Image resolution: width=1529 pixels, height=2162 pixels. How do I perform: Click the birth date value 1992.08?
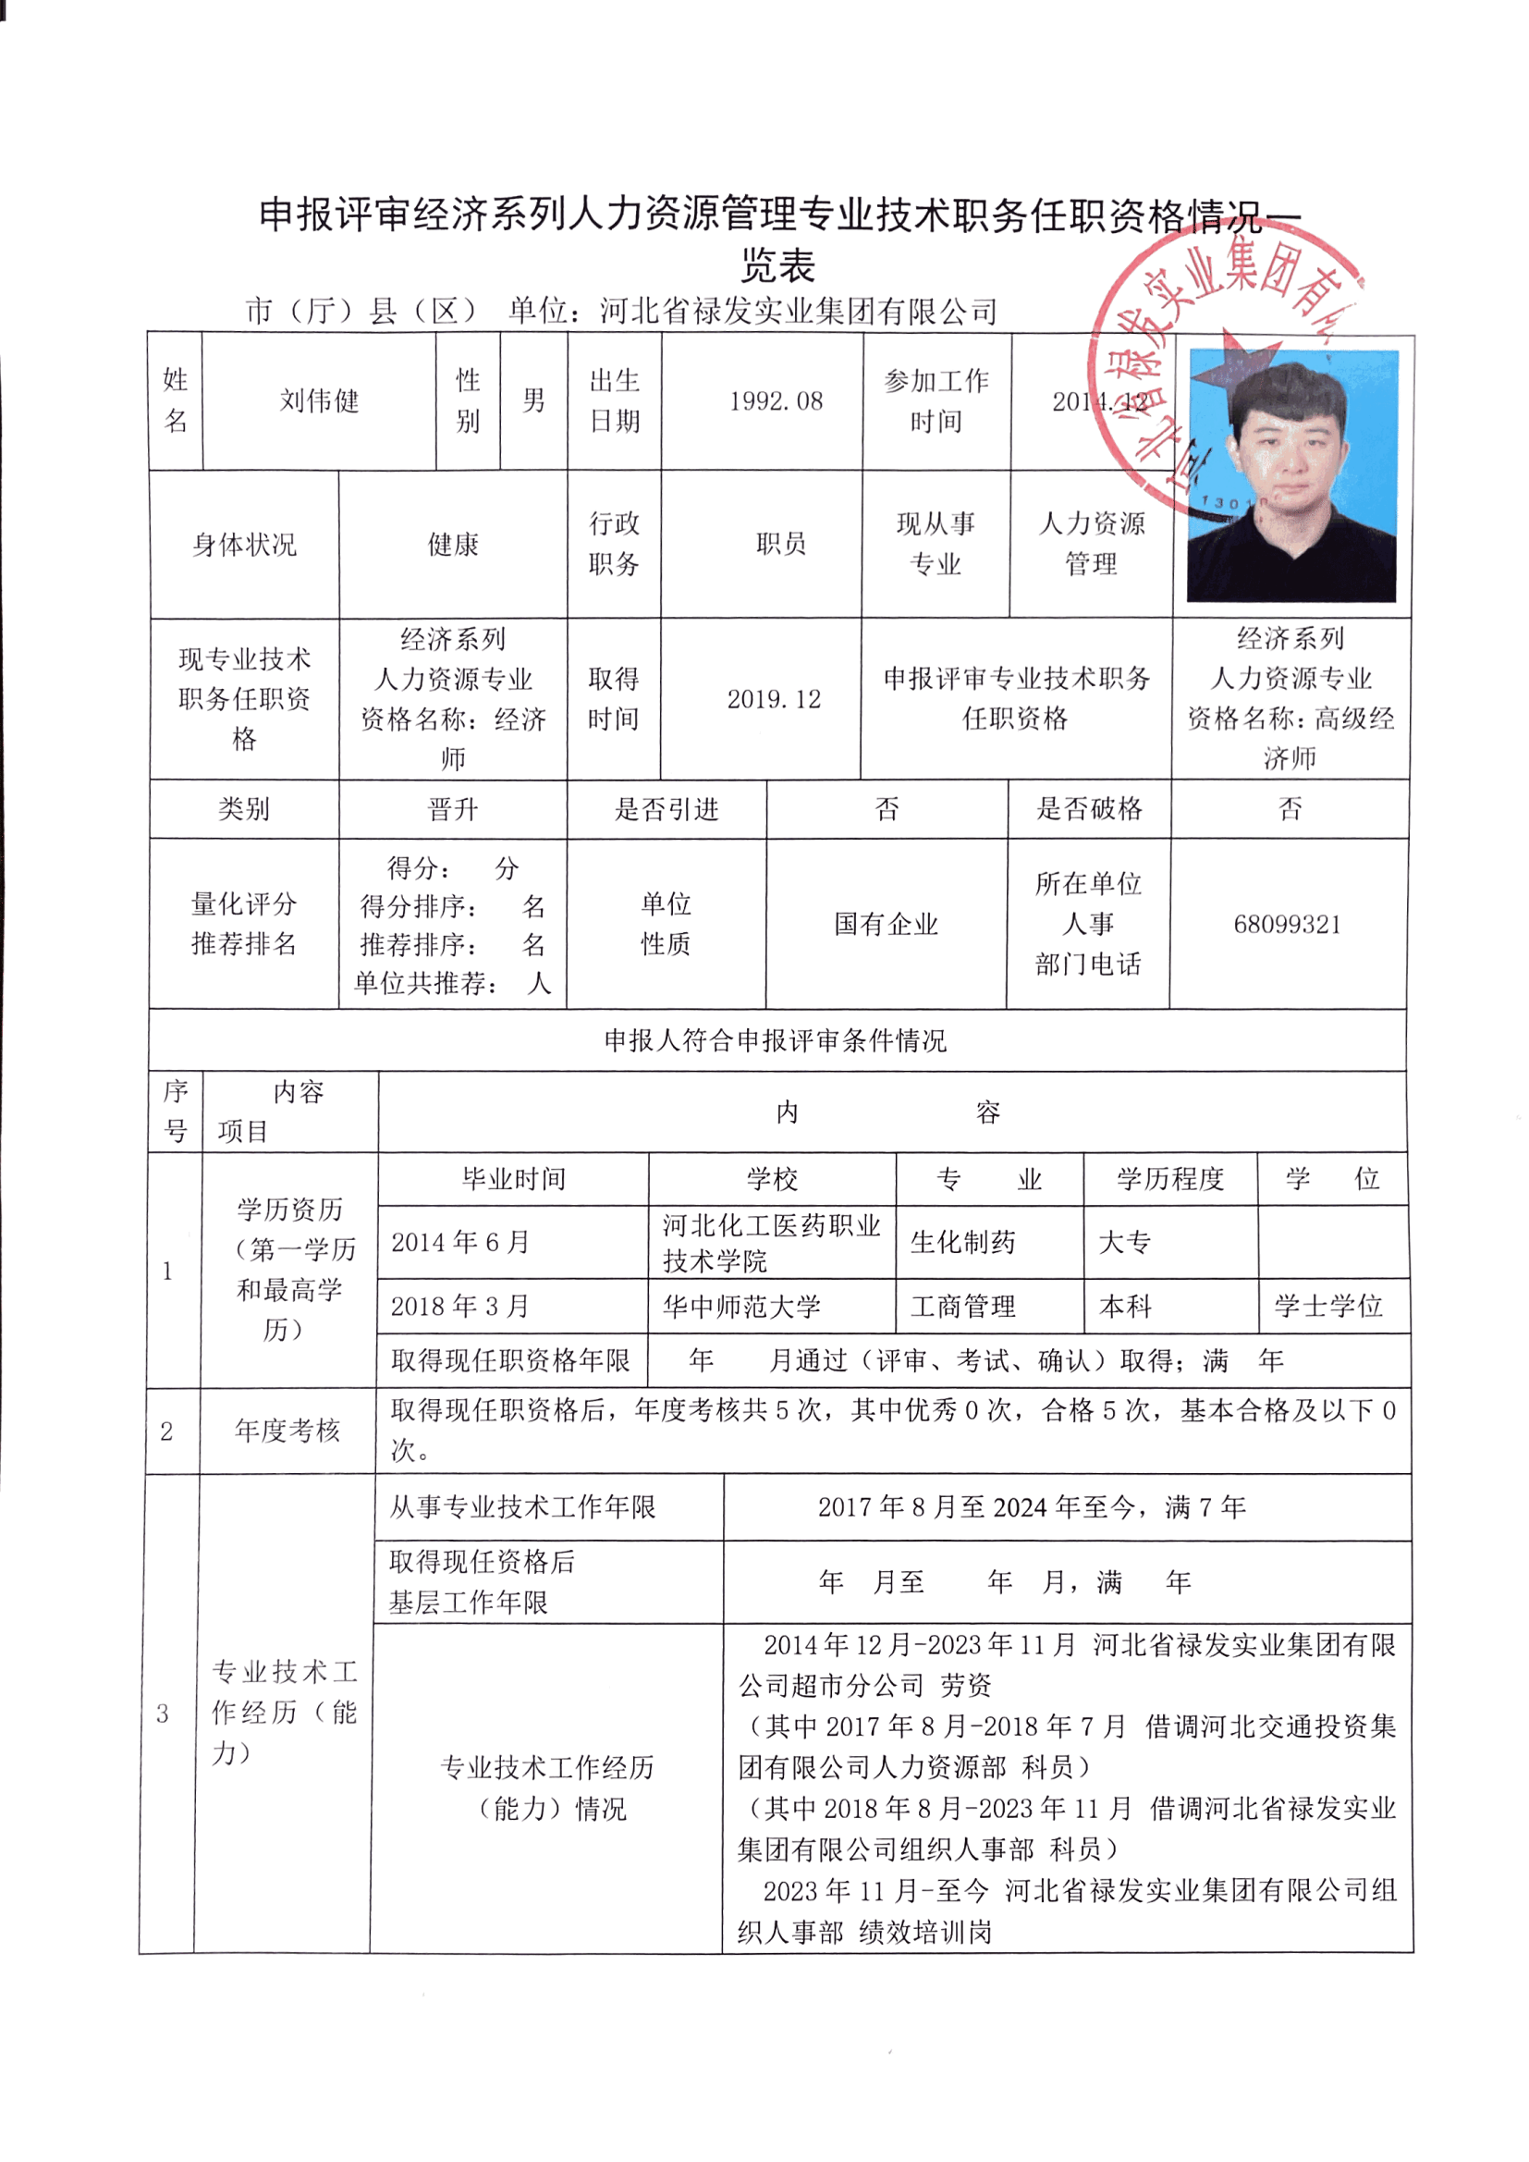click(x=776, y=401)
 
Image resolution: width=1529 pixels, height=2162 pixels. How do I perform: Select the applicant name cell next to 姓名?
click(x=319, y=401)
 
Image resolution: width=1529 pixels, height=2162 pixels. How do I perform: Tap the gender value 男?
click(x=533, y=401)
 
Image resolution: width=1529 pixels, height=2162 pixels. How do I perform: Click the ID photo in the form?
click(x=1291, y=475)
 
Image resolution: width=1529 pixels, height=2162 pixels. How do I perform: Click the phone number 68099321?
click(x=1287, y=924)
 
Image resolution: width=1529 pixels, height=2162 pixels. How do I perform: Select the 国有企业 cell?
click(x=886, y=924)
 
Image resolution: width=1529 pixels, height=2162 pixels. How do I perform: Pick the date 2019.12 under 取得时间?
click(x=774, y=699)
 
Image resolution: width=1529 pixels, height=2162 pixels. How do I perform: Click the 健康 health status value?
click(x=453, y=545)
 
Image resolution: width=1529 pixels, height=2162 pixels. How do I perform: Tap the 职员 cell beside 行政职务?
click(x=780, y=544)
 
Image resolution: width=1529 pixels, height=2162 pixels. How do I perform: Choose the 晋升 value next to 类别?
click(x=453, y=809)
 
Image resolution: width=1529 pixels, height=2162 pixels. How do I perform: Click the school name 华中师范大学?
click(x=742, y=1306)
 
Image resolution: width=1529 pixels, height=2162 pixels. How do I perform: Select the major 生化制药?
click(x=963, y=1242)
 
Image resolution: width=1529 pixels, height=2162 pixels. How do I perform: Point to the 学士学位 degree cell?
click(x=1328, y=1306)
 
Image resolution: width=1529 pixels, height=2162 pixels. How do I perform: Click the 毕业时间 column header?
click(x=513, y=1179)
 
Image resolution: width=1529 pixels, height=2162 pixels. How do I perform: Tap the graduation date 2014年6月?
click(x=460, y=1242)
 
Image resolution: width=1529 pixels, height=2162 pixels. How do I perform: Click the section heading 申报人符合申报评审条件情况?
click(x=776, y=1040)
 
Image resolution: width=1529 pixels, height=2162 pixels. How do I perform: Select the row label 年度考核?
click(x=287, y=1431)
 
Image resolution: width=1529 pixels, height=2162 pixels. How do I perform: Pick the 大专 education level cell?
click(x=1125, y=1242)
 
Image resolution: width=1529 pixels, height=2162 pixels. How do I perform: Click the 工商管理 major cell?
click(x=963, y=1306)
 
